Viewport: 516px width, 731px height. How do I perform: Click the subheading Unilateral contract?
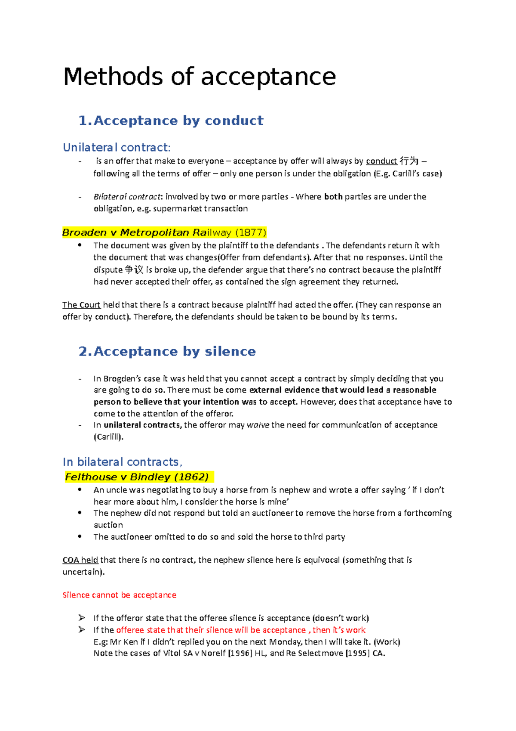click(x=117, y=148)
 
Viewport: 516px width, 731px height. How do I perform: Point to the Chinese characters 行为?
click(x=409, y=161)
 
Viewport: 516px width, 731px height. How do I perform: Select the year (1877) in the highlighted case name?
click(x=251, y=233)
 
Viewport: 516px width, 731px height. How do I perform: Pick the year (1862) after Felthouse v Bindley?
click(x=192, y=477)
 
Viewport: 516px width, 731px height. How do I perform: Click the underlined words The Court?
click(x=81, y=305)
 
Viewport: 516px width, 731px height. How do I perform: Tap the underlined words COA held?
click(x=80, y=560)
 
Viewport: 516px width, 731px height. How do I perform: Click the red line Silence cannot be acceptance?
click(x=120, y=595)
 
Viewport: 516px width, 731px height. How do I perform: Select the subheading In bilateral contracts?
click(x=123, y=462)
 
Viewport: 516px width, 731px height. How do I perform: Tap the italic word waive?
click(x=258, y=425)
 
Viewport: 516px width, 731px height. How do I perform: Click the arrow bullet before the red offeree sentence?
click(x=82, y=630)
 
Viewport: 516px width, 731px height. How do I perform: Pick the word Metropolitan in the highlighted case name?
click(x=155, y=233)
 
